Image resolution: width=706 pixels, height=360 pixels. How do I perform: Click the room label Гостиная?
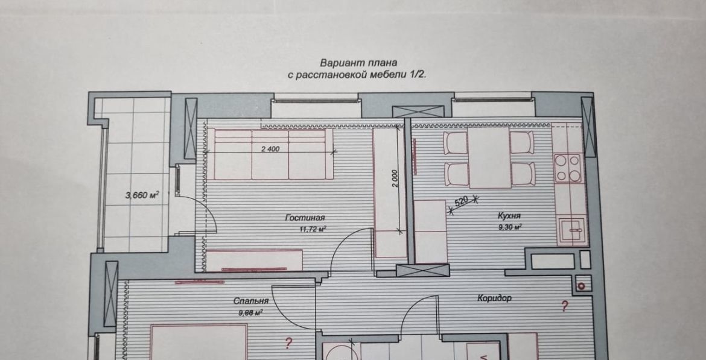click(x=305, y=218)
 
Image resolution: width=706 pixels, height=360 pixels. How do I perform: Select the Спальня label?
click(x=251, y=301)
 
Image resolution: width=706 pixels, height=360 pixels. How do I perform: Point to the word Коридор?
click(x=494, y=298)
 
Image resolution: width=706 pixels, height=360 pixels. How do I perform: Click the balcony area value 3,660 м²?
click(x=142, y=195)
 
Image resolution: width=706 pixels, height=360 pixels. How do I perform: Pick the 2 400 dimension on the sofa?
click(x=270, y=150)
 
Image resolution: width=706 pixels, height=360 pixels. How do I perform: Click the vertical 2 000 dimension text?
click(x=395, y=178)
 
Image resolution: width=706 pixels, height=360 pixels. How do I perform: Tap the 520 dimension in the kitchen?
click(x=462, y=201)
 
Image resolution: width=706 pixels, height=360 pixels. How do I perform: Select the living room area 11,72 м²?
click(x=313, y=229)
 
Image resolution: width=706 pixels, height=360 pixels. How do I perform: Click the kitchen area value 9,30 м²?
click(x=510, y=227)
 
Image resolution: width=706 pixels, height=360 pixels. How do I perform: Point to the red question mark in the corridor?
click(x=564, y=306)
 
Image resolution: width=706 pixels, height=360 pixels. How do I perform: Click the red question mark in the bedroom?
click(x=288, y=343)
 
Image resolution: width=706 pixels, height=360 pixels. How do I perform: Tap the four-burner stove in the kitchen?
click(x=567, y=168)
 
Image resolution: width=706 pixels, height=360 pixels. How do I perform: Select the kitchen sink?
click(x=571, y=231)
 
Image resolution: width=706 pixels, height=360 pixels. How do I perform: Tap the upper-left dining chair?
click(x=456, y=143)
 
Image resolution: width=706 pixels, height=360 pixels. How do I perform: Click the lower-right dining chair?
click(x=523, y=174)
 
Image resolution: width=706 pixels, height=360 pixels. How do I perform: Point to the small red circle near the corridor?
click(x=581, y=285)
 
